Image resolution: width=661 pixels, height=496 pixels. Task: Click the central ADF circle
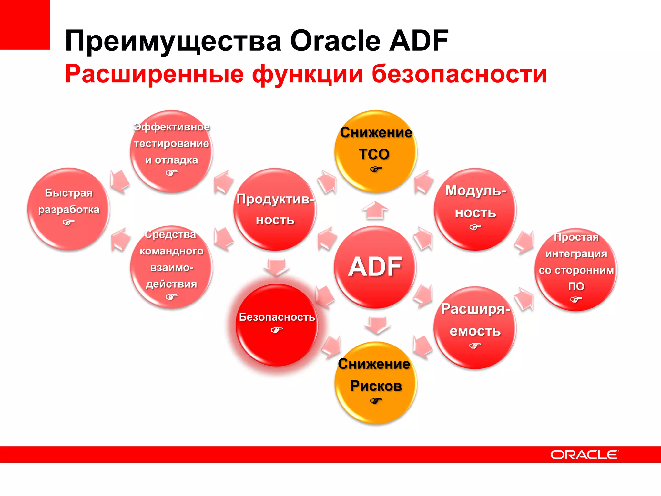point(375,267)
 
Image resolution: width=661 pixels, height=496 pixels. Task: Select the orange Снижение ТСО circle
point(375,151)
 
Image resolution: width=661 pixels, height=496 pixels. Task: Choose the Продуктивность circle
point(275,209)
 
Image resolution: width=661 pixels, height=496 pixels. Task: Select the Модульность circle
point(475,209)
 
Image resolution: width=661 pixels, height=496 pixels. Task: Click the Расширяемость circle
point(475,327)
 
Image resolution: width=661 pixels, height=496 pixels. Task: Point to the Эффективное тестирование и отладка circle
point(171,151)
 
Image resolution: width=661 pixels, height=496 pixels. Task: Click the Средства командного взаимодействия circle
point(171,267)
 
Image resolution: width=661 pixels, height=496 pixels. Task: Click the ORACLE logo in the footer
point(585,455)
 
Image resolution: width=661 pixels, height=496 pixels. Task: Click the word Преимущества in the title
point(173,41)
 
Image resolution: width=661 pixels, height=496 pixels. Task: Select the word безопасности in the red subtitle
point(459,74)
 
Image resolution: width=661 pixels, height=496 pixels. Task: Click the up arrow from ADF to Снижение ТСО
point(375,210)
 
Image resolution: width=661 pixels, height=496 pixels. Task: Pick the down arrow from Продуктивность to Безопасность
point(276,267)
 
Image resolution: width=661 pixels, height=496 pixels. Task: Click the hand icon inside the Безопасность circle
point(277,330)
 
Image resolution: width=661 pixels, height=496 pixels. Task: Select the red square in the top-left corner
point(25,25)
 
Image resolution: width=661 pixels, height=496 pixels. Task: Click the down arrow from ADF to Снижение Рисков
point(377,325)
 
